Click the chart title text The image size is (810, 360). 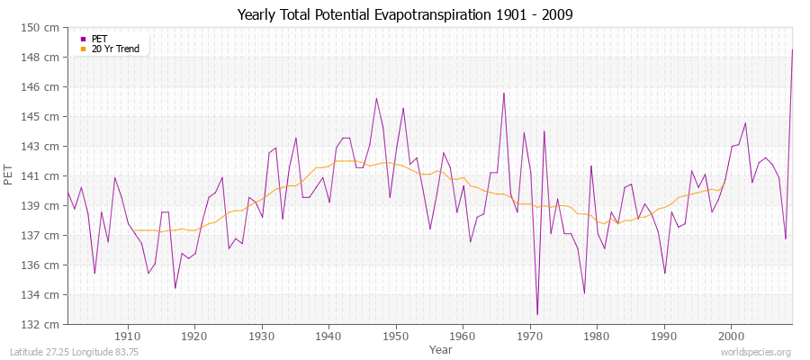pyautogui.click(x=404, y=15)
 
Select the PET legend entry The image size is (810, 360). pyautogui.click(x=99, y=39)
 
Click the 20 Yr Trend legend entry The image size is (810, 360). pyautogui.click(x=115, y=49)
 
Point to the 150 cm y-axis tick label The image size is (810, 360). pyautogui.click(x=41, y=28)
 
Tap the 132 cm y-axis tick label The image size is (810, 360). pyautogui.click(x=41, y=324)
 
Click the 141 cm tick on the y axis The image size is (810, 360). pyautogui.click(x=41, y=175)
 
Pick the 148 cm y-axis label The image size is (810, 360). pyautogui.click(x=41, y=58)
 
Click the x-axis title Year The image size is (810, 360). pyautogui.click(x=441, y=348)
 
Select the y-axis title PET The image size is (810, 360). pyautogui.click(x=10, y=175)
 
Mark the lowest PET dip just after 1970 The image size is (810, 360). pyautogui.click(x=537, y=314)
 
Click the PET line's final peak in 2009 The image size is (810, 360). pyautogui.click(x=792, y=49)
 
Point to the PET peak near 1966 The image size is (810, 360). pyautogui.click(x=504, y=93)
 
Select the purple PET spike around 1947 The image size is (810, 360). pyautogui.click(x=376, y=98)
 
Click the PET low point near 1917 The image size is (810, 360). pyautogui.click(x=175, y=288)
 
